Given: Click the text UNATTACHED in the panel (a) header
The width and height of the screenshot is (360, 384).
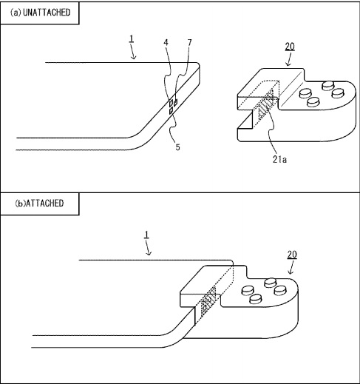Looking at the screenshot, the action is tap(47, 13).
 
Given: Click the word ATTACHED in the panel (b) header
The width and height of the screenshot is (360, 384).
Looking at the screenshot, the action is tap(45, 203).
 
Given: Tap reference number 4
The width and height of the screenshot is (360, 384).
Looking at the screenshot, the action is tap(166, 42).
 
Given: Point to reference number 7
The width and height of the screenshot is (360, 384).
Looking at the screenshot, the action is tap(189, 43).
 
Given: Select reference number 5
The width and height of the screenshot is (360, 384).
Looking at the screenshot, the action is tap(177, 147).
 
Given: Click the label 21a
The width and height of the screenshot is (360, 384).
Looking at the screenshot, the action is tap(279, 160).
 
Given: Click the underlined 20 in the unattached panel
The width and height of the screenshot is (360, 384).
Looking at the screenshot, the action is tap(290, 47).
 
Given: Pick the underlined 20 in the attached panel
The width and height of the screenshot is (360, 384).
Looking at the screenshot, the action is tap(292, 255).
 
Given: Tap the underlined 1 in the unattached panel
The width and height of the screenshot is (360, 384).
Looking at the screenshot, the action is tap(132, 38).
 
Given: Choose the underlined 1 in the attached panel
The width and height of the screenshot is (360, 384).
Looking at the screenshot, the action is tap(146, 235).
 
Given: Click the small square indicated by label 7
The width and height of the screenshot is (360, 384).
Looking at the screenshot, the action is tap(175, 102).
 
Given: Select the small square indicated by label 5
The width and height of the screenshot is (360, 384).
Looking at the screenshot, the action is tap(171, 112).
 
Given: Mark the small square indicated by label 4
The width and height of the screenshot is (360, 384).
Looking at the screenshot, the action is tap(171, 103).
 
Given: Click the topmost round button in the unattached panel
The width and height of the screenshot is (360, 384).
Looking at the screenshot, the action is tap(328, 86).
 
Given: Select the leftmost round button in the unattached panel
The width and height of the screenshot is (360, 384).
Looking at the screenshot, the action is tap(305, 93).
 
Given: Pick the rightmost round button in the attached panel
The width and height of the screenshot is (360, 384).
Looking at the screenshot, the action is tap(279, 291).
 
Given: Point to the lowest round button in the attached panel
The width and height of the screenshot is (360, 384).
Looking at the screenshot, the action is tap(256, 299).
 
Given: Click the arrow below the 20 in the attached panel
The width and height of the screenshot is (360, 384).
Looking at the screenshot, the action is tap(291, 267).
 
